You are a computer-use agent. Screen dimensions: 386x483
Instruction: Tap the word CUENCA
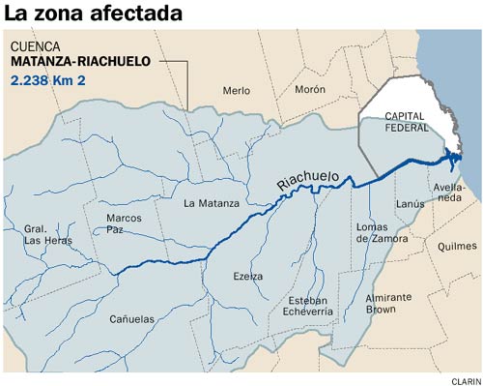click(36, 46)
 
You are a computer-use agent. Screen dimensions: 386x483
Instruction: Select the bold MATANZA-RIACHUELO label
click(81, 62)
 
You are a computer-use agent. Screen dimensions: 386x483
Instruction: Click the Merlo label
click(237, 90)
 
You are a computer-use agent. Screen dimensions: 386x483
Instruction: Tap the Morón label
click(310, 89)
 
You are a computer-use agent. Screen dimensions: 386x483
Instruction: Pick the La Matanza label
click(210, 203)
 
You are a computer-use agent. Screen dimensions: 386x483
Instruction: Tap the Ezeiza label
click(248, 276)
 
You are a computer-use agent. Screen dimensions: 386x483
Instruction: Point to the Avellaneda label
click(450, 192)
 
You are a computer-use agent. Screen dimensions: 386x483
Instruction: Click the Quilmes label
click(457, 246)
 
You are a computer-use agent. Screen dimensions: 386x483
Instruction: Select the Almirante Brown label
click(389, 304)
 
